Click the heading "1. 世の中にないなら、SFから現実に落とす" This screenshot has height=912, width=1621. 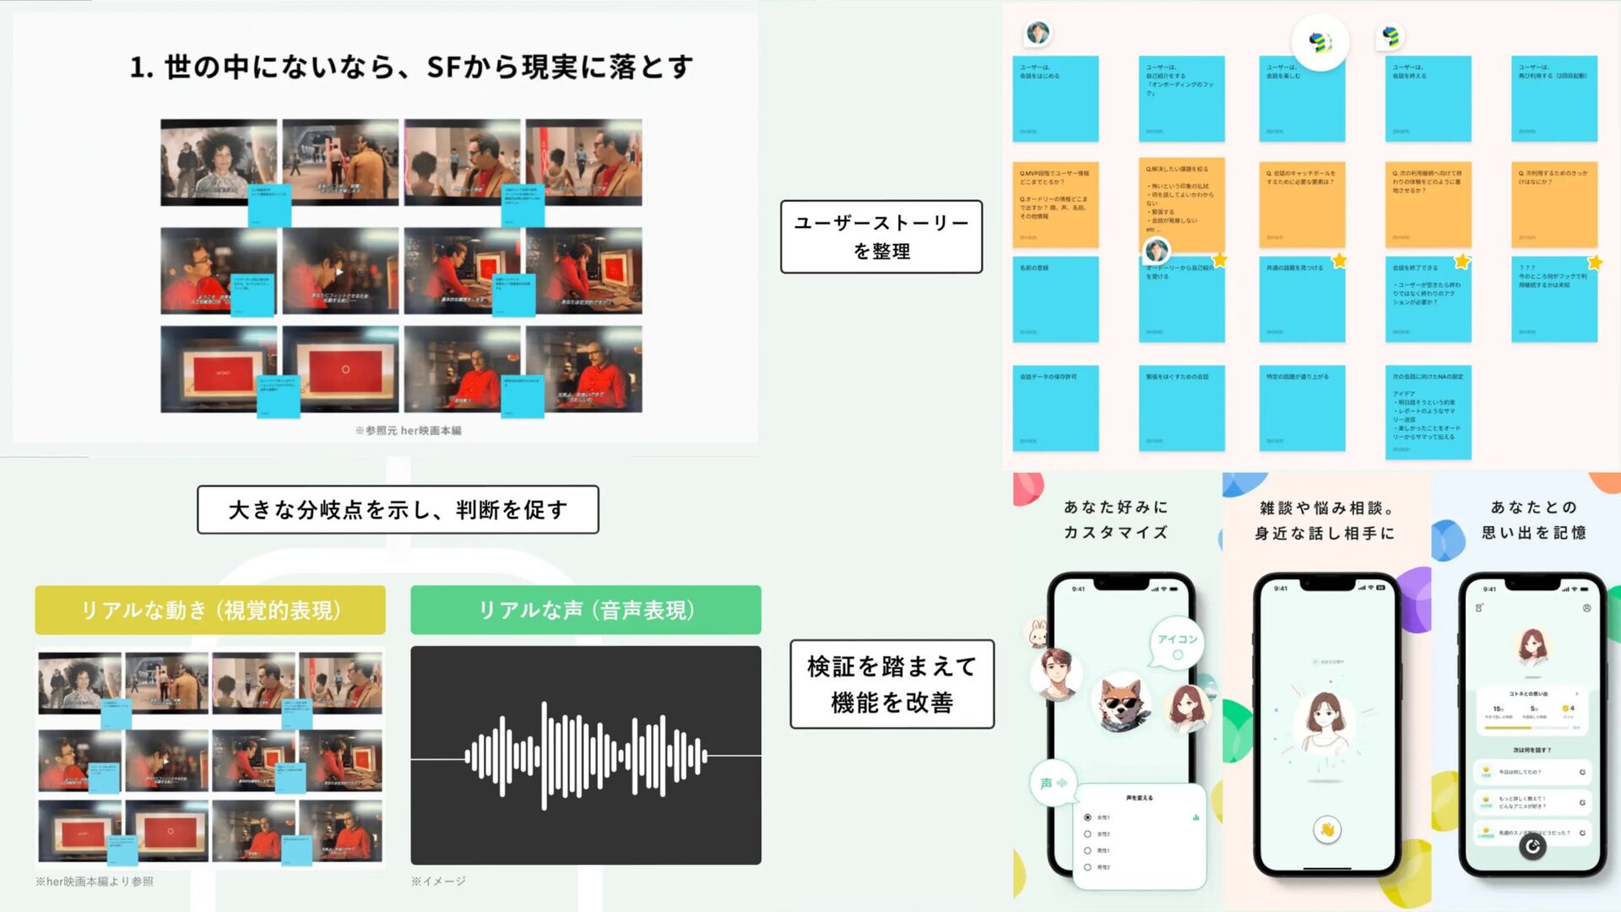coord(411,67)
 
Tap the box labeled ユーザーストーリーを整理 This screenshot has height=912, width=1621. coord(881,236)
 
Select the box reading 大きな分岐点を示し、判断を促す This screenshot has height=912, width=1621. coord(398,509)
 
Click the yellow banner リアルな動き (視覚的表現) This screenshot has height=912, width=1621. coord(210,610)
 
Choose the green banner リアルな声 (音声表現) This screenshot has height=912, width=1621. coord(585,610)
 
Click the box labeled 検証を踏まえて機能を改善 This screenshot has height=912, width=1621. coord(892,684)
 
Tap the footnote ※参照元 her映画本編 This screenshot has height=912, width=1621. coord(408,431)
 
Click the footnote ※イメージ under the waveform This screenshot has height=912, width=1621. coord(438,881)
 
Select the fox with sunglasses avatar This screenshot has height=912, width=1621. coord(1122,701)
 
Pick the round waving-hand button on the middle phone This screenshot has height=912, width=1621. coord(1326,830)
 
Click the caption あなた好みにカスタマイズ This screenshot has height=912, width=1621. coord(1115,519)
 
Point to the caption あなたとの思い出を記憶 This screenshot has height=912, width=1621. coord(1533,519)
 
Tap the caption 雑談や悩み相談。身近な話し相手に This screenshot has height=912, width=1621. coord(1325,520)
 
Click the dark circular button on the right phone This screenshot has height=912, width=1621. coord(1532,845)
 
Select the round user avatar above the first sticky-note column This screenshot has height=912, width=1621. coord(1038,33)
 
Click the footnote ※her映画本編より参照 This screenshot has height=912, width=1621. coord(94,882)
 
